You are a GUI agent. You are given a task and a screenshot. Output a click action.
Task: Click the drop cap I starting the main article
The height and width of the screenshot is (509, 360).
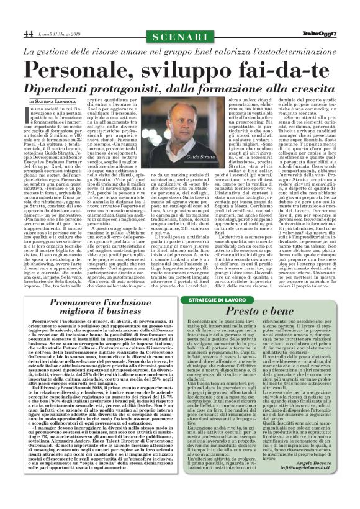coord(28,112)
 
